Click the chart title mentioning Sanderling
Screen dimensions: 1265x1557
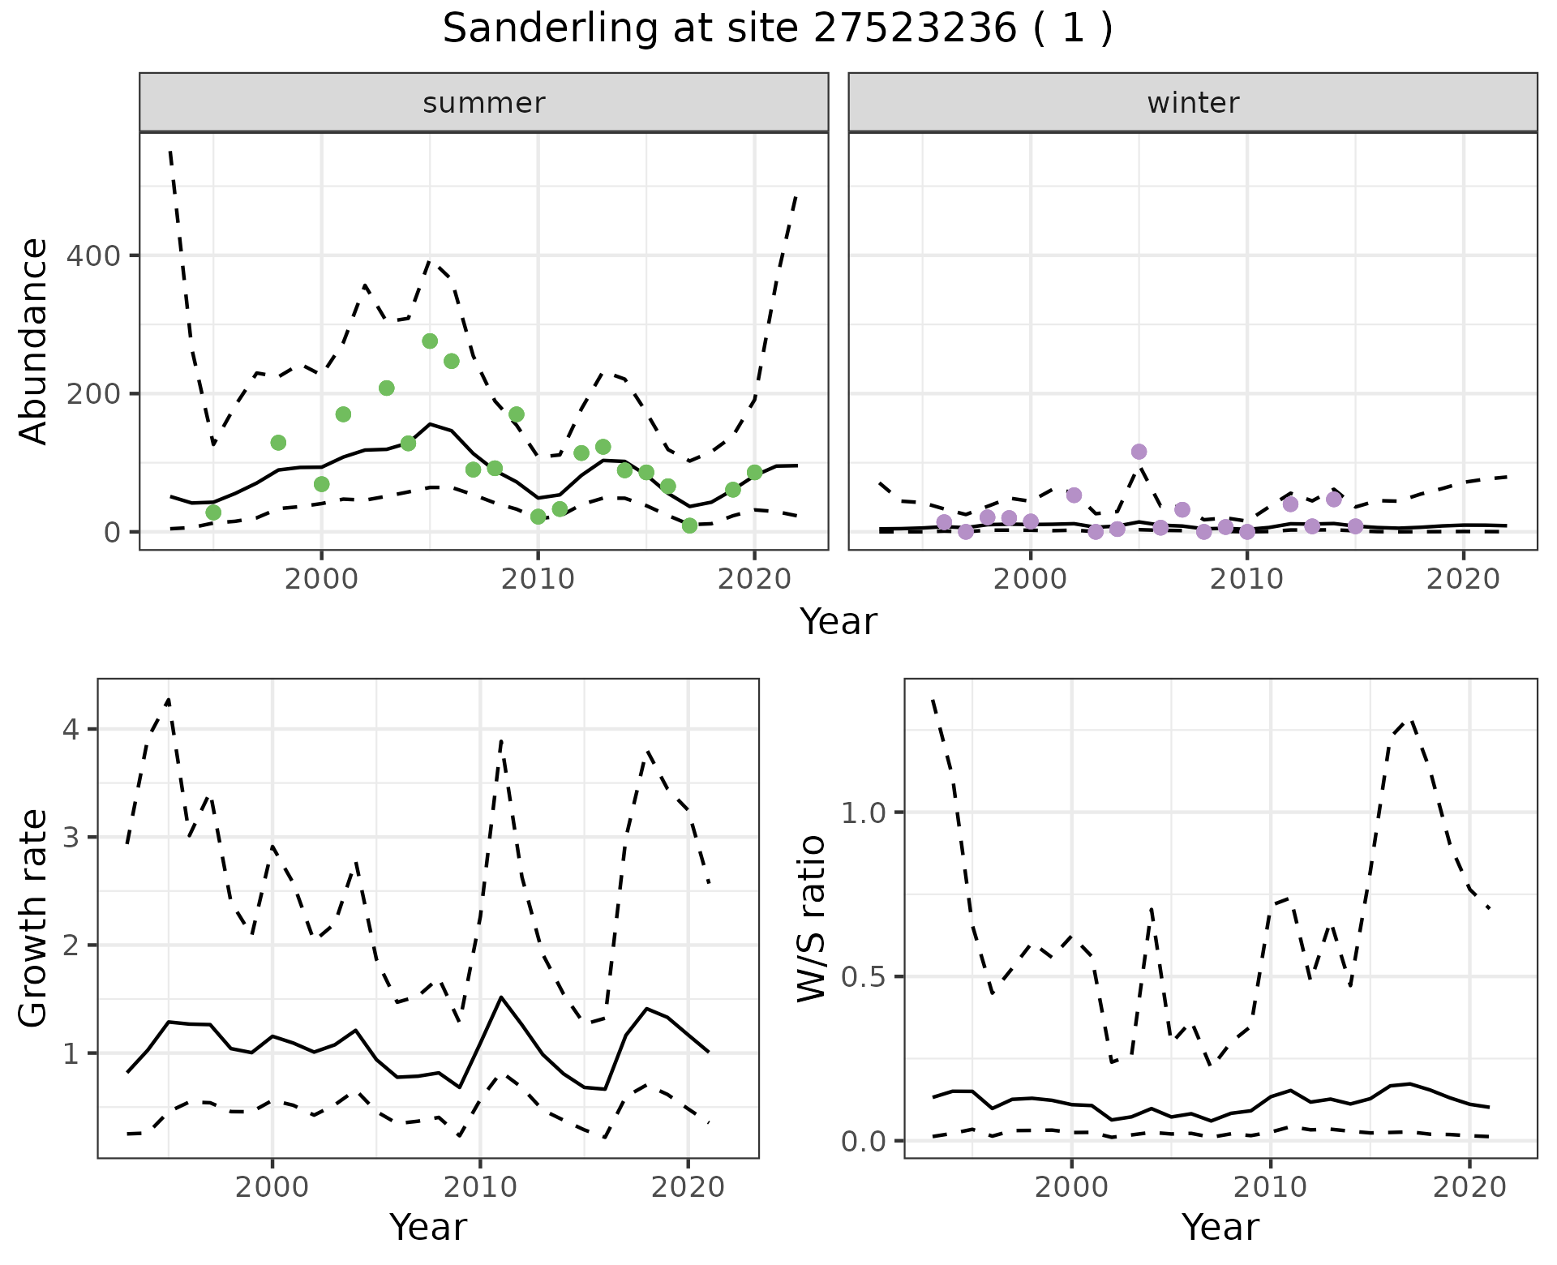778,29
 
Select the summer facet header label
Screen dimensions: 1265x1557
484,103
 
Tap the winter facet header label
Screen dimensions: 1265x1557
1193,103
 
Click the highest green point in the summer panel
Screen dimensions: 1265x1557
430,341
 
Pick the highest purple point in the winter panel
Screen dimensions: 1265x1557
1139,452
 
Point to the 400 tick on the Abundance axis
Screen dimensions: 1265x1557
93,256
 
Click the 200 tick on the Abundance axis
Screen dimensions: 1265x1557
93,394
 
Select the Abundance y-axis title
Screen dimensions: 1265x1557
34,341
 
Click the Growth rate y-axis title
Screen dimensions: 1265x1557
34,918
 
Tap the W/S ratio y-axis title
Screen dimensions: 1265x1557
811,918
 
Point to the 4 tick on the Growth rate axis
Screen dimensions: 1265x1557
71,730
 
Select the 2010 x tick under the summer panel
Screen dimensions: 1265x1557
538,579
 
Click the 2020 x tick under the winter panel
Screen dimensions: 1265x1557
1463,579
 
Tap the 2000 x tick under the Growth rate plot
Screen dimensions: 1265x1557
272,1187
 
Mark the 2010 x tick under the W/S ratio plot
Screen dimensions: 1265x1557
1270,1187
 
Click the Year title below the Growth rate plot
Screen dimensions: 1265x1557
428,1227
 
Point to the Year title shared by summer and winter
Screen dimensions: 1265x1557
839,622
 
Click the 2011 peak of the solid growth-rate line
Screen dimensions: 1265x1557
501,997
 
